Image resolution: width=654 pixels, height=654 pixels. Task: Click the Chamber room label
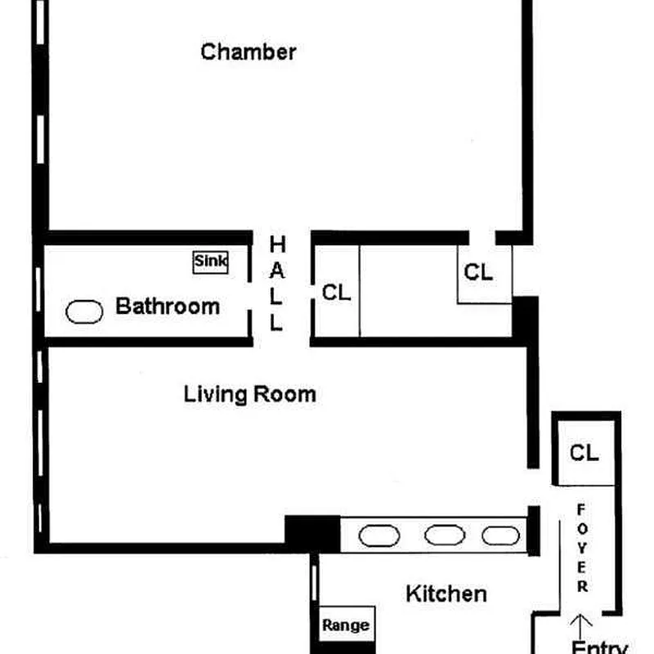coord(249,52)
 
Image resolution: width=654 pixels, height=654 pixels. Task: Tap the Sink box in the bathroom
coord(211,262)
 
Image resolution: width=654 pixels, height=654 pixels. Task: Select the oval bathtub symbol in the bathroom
coord(83,311)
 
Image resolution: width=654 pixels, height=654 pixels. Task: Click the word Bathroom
coord(168,307)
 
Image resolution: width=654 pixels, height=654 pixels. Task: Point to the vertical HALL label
coord(277,283)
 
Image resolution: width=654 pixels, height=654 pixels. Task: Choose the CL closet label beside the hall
coord(336,293)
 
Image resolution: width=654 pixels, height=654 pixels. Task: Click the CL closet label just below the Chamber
coord(478,273)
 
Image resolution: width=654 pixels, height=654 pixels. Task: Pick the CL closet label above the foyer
coord(584,453)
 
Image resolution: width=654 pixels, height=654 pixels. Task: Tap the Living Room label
coord(249,395)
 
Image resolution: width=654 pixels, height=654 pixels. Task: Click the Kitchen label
coord(446,594)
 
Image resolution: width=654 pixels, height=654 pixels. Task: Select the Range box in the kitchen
coord(345,626)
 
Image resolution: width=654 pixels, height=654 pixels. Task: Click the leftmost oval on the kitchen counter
coord(380,535)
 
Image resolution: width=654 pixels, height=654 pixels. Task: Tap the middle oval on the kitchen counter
coord(446,535)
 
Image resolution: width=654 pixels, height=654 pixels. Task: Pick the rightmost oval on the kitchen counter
coord(500,535)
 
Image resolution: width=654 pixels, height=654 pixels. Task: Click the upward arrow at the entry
coord(581,625)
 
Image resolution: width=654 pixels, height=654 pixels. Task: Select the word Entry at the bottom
coord(599,648)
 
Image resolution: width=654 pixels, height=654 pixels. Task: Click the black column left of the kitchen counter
coord(311,531)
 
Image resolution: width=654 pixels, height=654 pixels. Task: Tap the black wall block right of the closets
coord(525,318)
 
